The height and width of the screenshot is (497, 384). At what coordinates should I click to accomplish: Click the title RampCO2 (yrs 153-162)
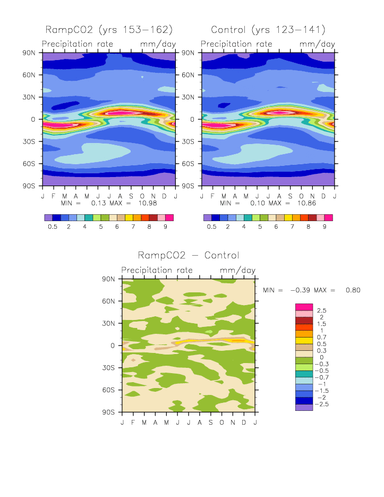[x=109, y=29]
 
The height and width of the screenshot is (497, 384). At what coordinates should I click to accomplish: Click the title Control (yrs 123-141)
[x=268, y=29]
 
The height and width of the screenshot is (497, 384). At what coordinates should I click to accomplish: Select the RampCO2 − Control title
[x=189, y=256]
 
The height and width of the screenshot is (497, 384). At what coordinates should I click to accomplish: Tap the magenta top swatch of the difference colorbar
[x=303, y=307]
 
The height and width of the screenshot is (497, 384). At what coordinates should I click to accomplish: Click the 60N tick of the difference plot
[x=109, y=301]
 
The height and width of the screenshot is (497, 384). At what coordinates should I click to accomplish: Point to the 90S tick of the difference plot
[x=109, y=412]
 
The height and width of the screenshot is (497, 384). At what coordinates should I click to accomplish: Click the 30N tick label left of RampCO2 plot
[x=29, y=97]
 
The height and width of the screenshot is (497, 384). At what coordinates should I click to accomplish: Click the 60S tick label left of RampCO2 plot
[x=29, y=164]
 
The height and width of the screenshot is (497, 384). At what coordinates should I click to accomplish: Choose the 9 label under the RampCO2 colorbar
[x=165, y=226]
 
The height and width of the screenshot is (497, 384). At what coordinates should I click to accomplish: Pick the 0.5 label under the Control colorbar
[x=211, y=226]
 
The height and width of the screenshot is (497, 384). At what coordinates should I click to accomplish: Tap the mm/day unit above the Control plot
[x=317, y=44]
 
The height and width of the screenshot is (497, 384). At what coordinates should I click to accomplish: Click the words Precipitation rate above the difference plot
[x=157, y=270]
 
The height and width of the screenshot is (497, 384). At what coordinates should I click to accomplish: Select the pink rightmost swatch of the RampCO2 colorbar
[x=169, y=217]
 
